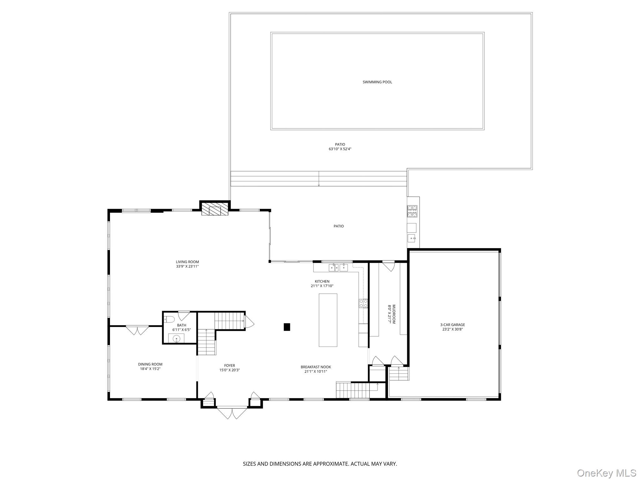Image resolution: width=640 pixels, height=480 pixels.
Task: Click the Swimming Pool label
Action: (377, 82)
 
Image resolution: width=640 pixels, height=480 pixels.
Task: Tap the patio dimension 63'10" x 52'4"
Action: (340, 149)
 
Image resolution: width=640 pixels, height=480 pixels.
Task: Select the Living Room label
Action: (187, 262)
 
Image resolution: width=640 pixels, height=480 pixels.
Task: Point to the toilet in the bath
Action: (169, 319)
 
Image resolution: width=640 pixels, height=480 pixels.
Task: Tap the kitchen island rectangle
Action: (328, 320)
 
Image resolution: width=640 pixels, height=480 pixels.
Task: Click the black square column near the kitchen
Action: (287, 327)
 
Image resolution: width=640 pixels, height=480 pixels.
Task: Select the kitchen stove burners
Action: (363, 303)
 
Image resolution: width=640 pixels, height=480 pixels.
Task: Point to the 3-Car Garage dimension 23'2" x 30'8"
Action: (452, 329)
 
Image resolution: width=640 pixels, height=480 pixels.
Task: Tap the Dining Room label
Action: (150, 364)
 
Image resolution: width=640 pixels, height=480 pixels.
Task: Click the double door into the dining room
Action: (137, 330)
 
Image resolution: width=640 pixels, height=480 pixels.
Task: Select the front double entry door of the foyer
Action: (232, 412)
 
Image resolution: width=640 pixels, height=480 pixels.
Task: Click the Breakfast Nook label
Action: (316, 367)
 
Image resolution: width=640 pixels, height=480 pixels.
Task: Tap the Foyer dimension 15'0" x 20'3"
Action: (229, 370)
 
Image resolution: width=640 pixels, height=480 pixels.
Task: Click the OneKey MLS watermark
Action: (607, 473)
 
